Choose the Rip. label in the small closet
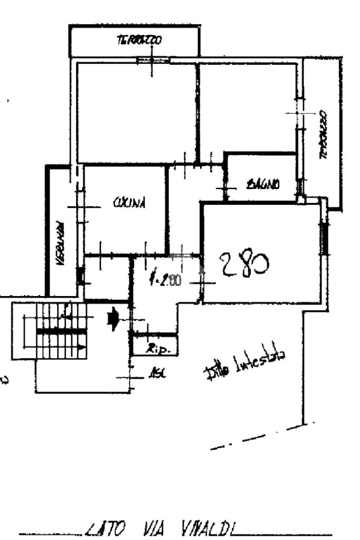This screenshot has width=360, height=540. (x=154, y=348)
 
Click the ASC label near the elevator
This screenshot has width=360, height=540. (x=156, y=375)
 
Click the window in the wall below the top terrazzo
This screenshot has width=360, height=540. (x=153, y=60)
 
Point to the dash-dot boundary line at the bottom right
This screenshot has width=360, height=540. (x=258, y=437)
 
